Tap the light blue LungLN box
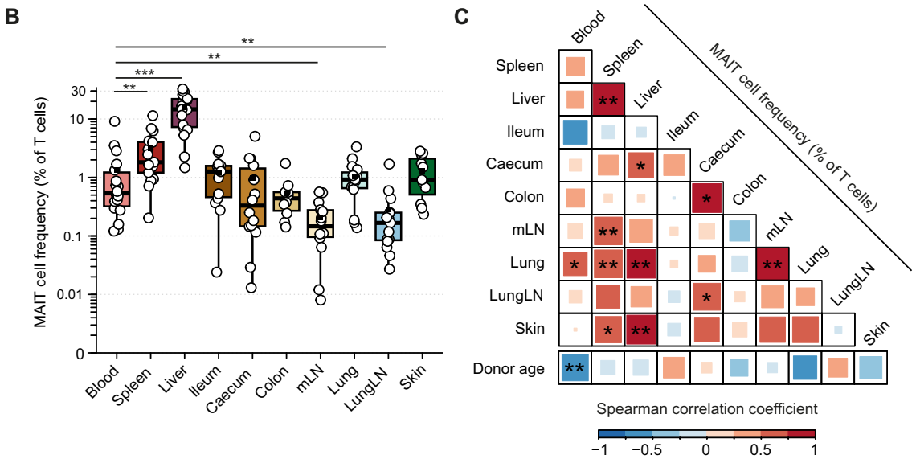click(x=388, y=227)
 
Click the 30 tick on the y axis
click(x=79, y=91)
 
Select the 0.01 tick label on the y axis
click(x=71, y=294)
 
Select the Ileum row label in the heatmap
click(x=527, y=131)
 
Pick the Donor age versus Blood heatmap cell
click(x=575, y=368)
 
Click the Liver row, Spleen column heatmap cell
click(x=608, y=99)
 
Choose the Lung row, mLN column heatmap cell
click(x=773, y=263)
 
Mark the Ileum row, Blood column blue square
click(x=575, y=132)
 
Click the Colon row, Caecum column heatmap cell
click(x=707, y=197)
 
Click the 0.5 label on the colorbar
click(x=762, y=449)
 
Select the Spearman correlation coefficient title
click(x=707, y=409)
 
